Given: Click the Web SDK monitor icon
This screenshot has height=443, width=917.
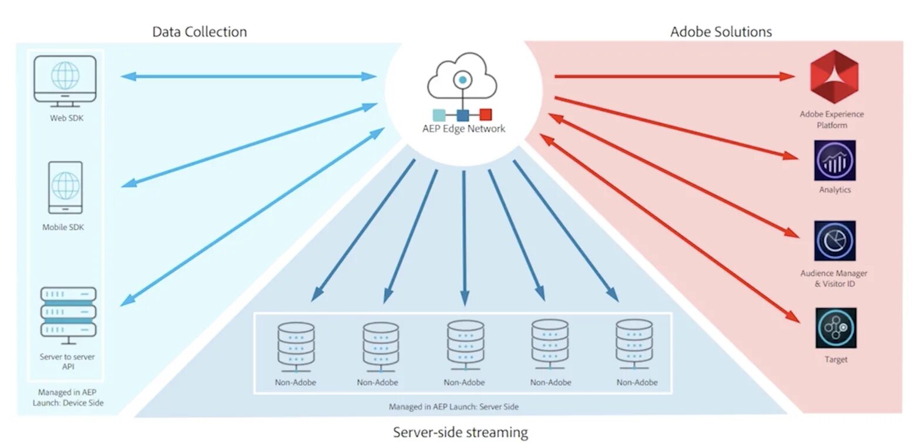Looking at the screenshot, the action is tap(65, 81).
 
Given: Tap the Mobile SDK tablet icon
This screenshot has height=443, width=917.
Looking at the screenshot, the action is tap(66, 187).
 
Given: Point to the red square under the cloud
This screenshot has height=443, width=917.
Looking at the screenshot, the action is tap(485, 115).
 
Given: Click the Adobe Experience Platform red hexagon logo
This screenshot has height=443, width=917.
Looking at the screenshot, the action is tap(834, 76).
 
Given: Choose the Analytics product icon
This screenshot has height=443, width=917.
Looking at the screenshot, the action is tap(835, 160).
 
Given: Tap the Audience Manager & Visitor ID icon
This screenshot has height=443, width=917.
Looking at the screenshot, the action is tap(835, 241).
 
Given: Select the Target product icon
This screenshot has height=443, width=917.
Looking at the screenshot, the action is tap(835, 328).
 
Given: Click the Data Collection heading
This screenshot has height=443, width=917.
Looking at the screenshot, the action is tap(200, 32).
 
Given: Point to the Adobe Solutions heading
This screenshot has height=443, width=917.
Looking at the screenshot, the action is tap(721, 32).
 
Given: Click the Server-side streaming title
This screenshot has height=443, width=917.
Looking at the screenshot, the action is tap(461, 432).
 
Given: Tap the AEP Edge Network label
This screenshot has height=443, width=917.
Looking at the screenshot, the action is tap(464, 129).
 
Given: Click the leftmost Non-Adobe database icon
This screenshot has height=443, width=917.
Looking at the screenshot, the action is tap(296, 347).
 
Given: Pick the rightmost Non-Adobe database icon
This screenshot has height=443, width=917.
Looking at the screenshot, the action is tap(634, 345).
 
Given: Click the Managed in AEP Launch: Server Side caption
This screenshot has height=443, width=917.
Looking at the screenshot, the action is tap(454, 407).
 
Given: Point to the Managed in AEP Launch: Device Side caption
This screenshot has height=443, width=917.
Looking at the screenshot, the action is tap(68, 398).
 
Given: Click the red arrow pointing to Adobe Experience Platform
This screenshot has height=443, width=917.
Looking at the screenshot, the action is tap(674, 76).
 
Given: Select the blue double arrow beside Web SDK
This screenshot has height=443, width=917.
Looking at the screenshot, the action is tap(249, 76).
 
